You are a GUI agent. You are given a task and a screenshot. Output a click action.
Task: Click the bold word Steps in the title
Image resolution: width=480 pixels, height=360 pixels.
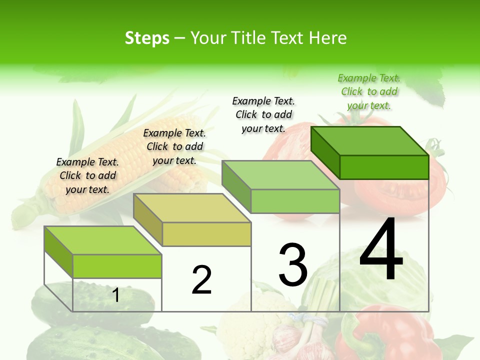(x=147, y=38)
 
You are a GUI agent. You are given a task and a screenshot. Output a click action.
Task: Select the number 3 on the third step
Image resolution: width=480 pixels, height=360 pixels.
(x=293, y=265)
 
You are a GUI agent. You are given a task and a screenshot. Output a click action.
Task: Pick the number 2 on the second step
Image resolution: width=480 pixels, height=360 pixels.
(x=201, y=280)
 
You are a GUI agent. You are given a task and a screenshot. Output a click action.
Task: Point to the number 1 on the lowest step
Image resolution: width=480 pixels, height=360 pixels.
(x=115, y=295)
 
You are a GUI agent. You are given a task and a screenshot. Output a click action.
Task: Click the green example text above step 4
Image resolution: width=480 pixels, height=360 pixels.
(x=369, y=91)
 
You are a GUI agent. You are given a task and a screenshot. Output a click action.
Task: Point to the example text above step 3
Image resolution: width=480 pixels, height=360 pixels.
(x=263, y=114)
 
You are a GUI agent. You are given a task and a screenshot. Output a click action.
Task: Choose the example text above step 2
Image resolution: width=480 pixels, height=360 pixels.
(x=174, y=146)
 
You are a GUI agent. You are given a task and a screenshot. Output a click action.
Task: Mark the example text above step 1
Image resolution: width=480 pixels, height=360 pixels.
(x=87, y=175)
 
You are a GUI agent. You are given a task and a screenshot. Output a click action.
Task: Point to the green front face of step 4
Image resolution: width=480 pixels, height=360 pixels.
(x=384, y=167)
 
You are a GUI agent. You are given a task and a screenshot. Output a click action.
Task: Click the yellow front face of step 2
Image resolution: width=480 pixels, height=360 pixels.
(x=206, y=234)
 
